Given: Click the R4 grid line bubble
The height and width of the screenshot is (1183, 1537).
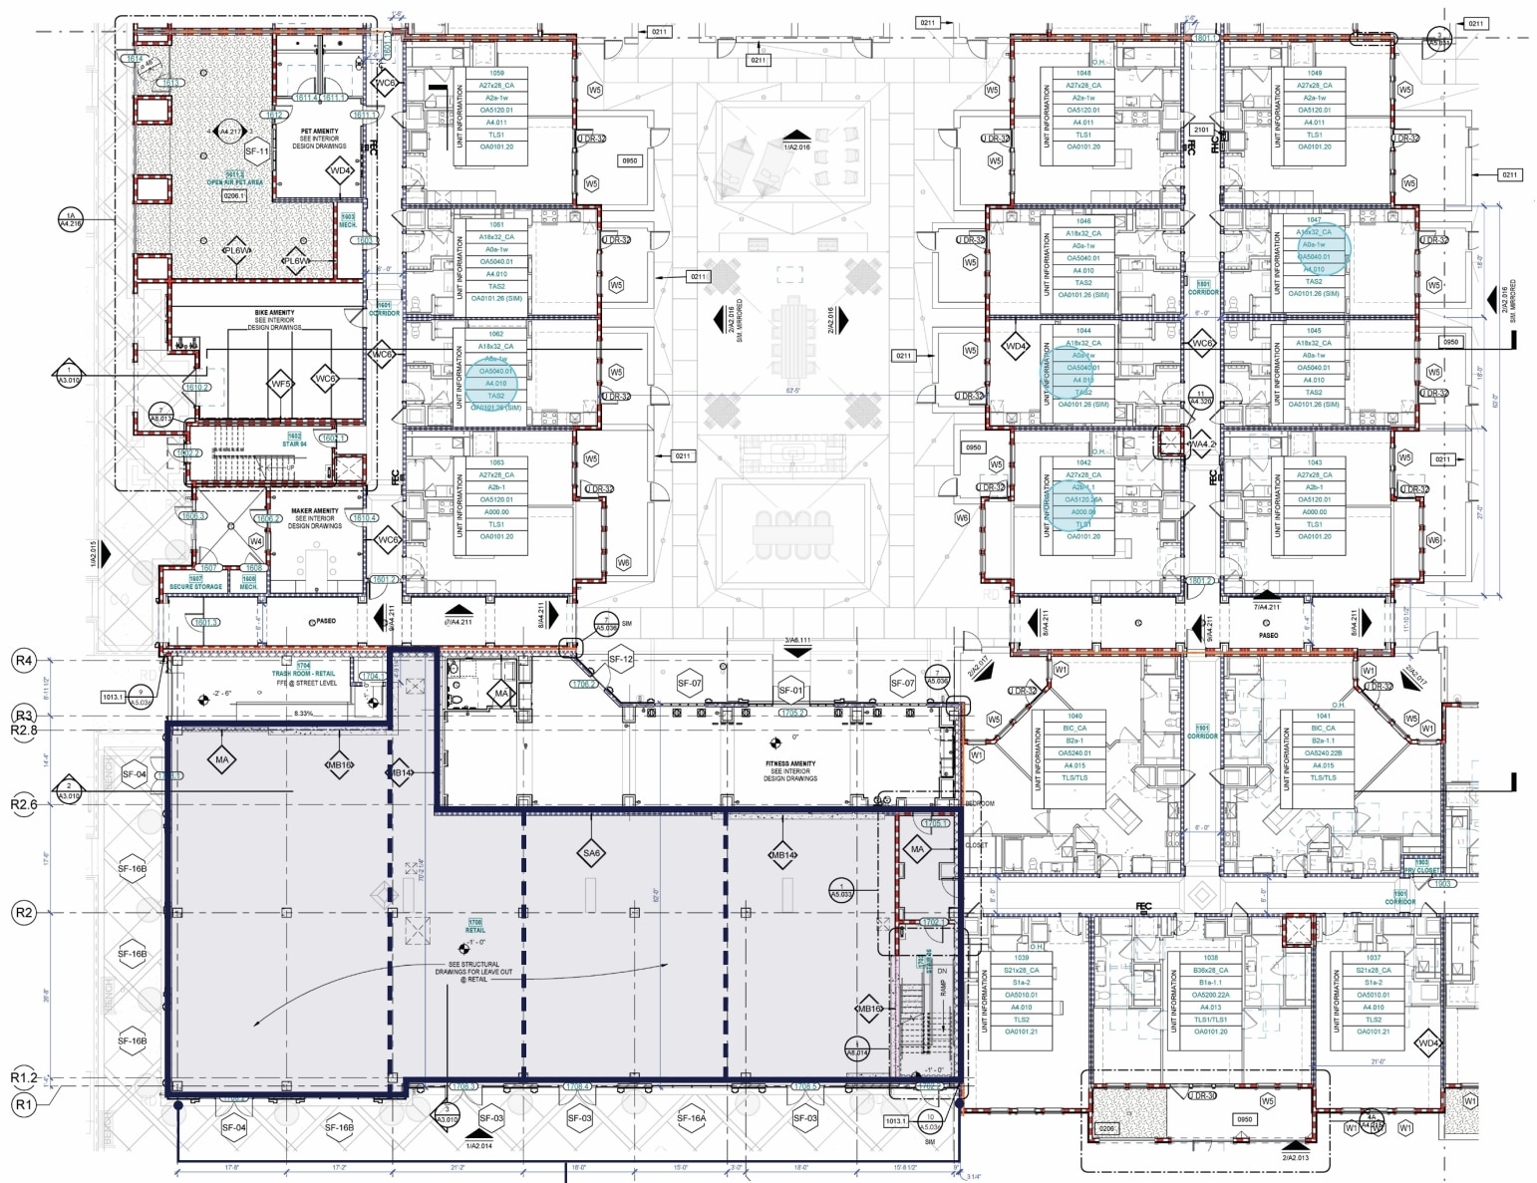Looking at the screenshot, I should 23,660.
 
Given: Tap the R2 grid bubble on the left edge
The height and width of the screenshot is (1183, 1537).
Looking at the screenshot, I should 23,913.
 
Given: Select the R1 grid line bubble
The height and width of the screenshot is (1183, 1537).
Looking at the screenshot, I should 23,1104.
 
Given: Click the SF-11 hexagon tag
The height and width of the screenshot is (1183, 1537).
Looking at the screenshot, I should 257,151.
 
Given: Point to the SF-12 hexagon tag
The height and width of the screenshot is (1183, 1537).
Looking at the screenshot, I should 621,659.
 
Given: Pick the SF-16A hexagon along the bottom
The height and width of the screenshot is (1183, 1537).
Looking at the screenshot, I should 691,1118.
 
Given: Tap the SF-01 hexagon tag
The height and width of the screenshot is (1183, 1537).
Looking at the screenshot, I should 790,690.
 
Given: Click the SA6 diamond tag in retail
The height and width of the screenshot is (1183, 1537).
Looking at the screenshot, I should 591,853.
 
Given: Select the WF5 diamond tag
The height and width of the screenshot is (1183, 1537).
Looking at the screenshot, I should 281,384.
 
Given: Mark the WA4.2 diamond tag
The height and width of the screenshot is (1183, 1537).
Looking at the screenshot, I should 1202,444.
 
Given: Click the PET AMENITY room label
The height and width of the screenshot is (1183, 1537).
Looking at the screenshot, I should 319,132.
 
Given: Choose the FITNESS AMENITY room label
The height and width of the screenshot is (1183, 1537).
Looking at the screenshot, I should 789,764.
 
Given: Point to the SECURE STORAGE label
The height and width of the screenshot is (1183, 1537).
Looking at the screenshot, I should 195,586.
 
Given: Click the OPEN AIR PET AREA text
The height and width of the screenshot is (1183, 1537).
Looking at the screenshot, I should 235,182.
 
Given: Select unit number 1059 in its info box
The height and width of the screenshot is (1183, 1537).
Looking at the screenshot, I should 496,73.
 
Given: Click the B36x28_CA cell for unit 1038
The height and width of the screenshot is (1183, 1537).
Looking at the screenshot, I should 1210,970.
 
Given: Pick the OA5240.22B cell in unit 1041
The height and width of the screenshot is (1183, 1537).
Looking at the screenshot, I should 1323,753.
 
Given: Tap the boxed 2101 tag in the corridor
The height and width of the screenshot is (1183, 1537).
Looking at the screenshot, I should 1201,130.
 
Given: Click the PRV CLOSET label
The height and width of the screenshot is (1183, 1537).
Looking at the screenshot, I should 1421,870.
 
